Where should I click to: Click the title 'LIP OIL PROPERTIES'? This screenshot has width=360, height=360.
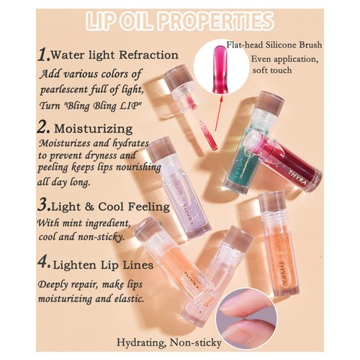(x=179, y=21)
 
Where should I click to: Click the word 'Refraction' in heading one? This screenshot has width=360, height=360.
(x=148, y=55)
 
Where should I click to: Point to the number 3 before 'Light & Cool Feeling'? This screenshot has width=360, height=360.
(x=44, y=207)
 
